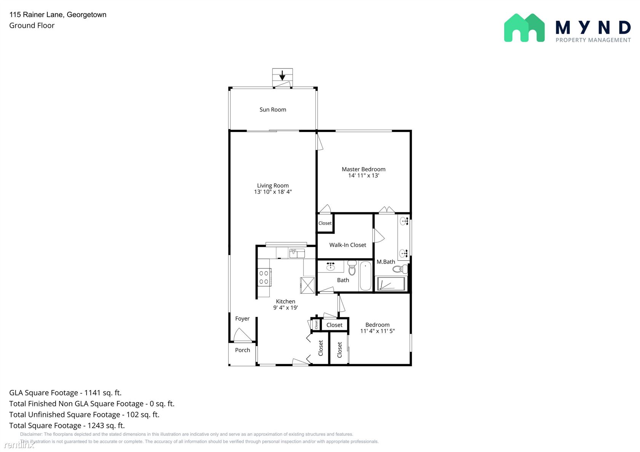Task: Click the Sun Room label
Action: coord(273,110)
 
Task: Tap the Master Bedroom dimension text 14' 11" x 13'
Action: coord(363,175)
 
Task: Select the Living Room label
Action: coord(273,186)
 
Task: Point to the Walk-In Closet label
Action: coord(347,245)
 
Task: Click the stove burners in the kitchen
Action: coord(264,277)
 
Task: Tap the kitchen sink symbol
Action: coord(297,253)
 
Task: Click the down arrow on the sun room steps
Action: coord(282,75)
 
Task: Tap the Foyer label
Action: coord(242,318)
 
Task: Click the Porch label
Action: coord(242,350)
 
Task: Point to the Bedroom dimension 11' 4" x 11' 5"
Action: coord(378,331)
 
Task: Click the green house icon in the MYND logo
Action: coord(524,28)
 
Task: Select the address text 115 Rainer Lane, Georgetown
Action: coord(58,14)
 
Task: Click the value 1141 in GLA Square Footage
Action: coord(93,393)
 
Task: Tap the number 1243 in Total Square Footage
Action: coord(96,425)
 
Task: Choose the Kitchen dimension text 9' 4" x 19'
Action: coord(285,307)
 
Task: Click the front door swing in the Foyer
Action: coord(243,335)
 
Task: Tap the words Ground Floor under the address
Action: coord(32,25)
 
